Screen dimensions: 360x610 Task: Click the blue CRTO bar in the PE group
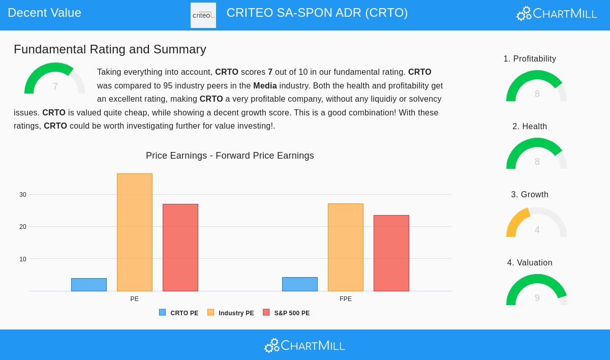pos(89,285)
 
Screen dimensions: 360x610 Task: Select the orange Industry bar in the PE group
pos(135,232)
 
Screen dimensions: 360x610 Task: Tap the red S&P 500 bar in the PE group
pos(180,248)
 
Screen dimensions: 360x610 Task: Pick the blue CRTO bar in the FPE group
pos(300,284)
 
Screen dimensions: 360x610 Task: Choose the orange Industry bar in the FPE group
pos(346,247)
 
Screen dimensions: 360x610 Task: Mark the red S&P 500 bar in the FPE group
pos(391,253)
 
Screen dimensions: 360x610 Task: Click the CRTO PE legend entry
pos(179,313)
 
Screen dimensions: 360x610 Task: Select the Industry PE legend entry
pos(231,313)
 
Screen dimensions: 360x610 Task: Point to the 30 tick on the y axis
pos(23,195)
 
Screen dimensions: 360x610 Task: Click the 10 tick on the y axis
pos(23,259)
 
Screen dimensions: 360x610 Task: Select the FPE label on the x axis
pos(346,299)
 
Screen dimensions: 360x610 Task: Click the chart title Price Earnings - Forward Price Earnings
pos(230,156)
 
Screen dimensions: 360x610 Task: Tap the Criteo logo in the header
pos(203,15)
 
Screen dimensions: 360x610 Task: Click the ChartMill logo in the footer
pos(304,346)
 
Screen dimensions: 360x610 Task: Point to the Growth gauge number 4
pos(537,230)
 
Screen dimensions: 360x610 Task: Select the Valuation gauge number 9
pos(537,298)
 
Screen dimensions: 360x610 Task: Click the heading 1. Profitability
pos(530,59)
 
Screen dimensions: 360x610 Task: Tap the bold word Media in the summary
pos(265,85)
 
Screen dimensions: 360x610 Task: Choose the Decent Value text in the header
pos(45,13)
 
